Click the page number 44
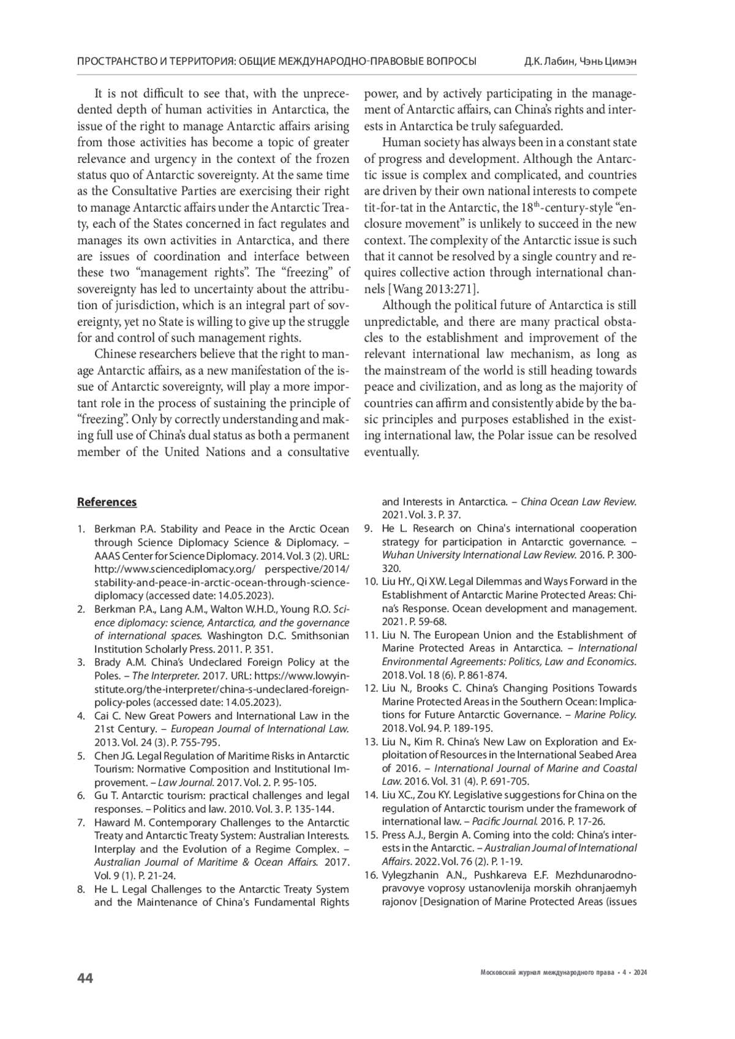click(x=85, y=978)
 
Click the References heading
click(x=107, y=502)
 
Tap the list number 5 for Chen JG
click(x=81, y=756)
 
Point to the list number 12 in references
click(x=370, y=688)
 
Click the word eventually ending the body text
click(x=391, y=452)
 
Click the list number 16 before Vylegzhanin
click(x=370, y=874)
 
